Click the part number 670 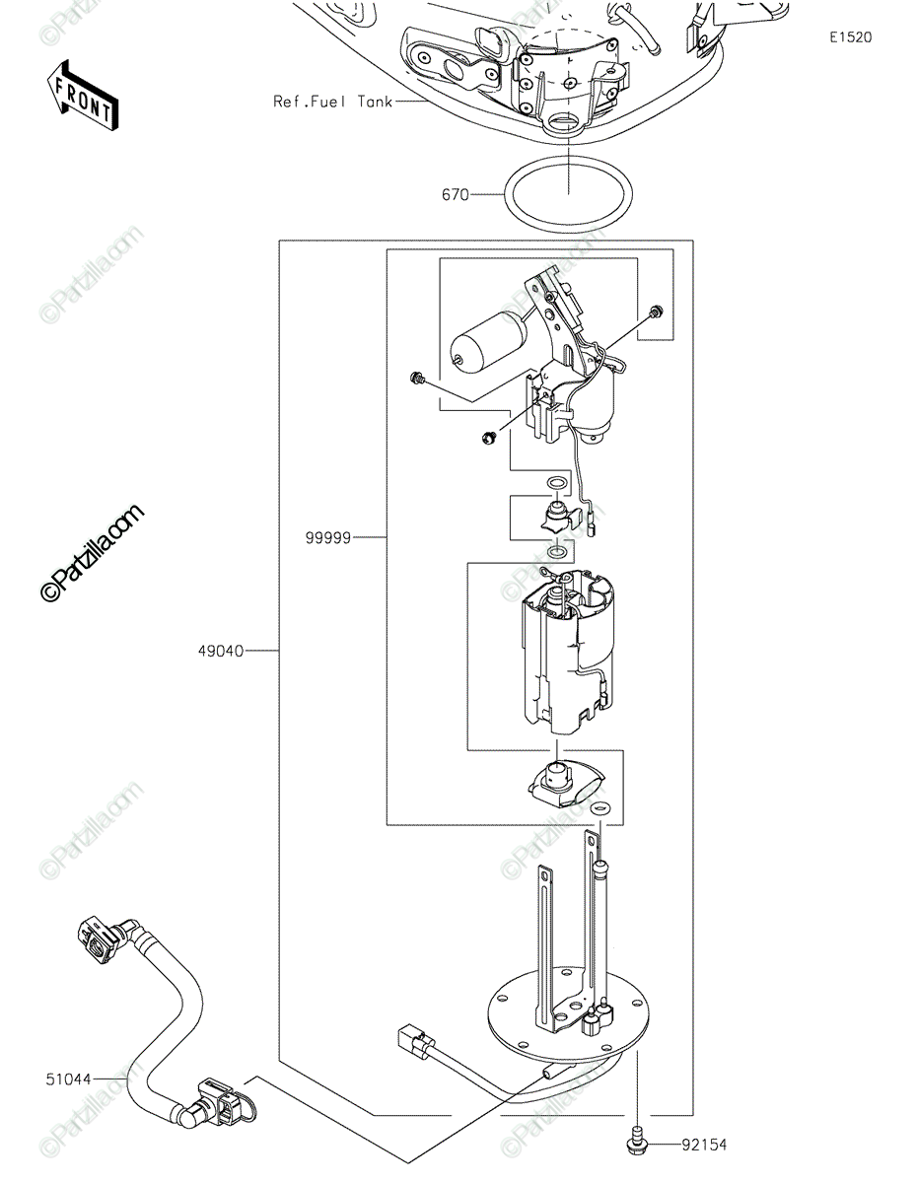tap(455, 194)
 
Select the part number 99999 tap(327, 538)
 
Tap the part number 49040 tap(221, 651)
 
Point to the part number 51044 tap(69, 1079)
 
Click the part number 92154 tap(704, 1145)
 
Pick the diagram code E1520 tap(851, 37)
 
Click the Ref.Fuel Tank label tap(332, 102)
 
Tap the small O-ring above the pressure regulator tap(555, 482)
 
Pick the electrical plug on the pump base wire tap(416, 1041)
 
